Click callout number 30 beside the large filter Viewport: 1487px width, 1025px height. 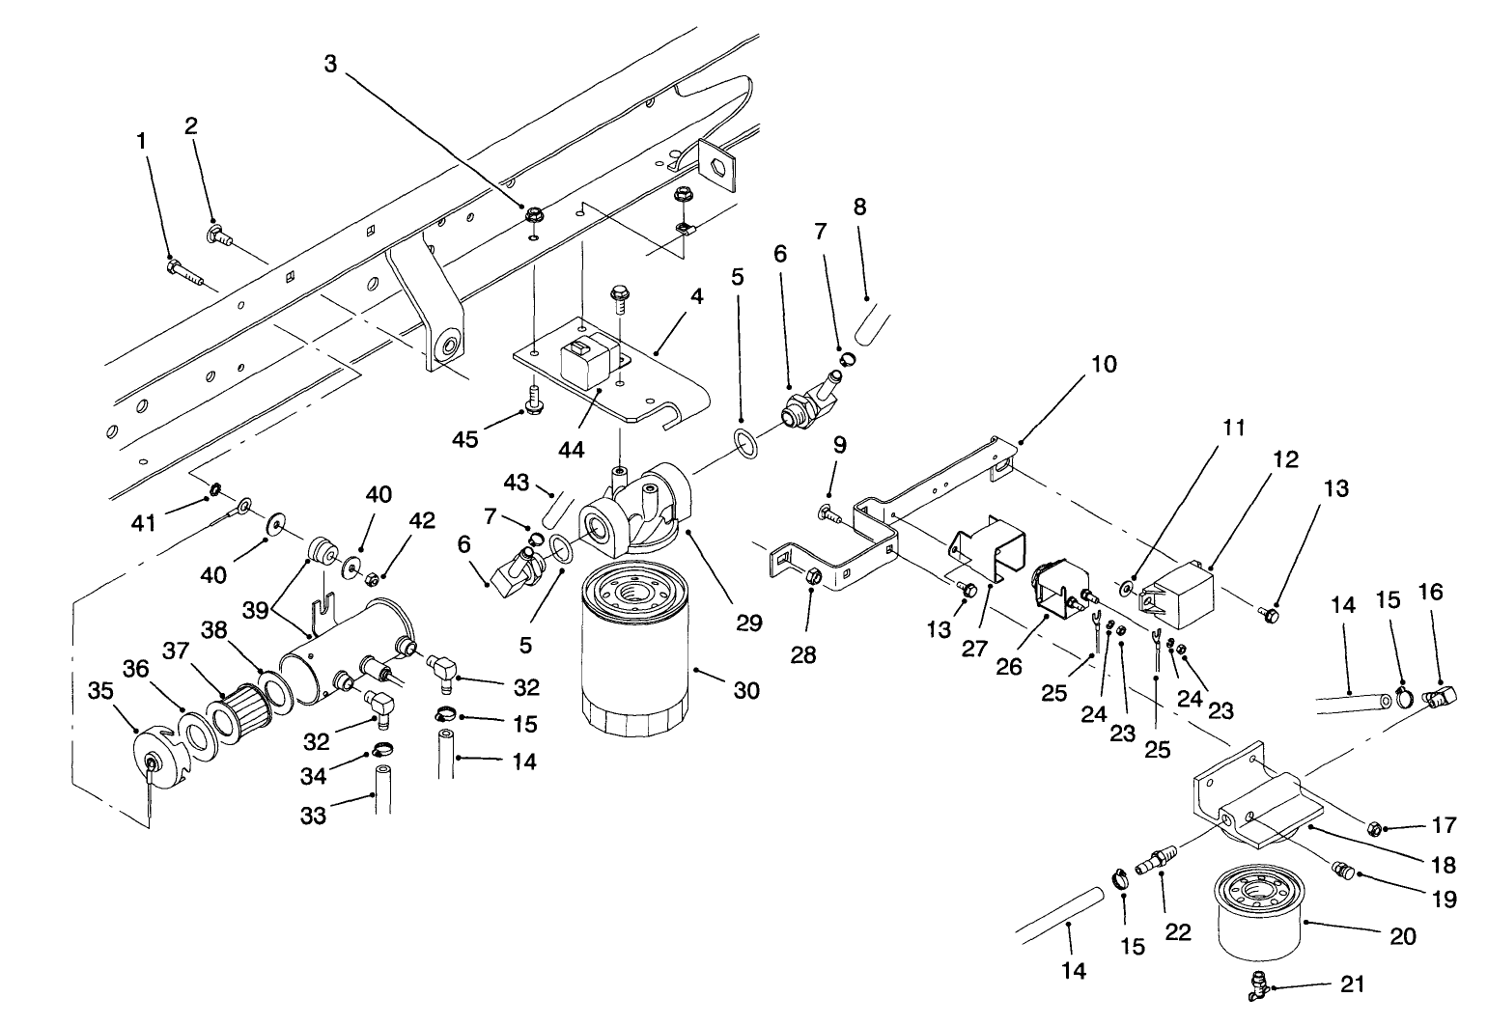746,691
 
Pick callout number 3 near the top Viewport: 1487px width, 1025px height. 331,64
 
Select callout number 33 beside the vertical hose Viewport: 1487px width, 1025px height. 313,815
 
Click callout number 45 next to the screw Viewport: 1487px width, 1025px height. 466,440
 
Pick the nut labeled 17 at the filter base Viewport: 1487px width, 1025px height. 1376,827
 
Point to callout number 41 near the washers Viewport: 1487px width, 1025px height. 144,522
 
